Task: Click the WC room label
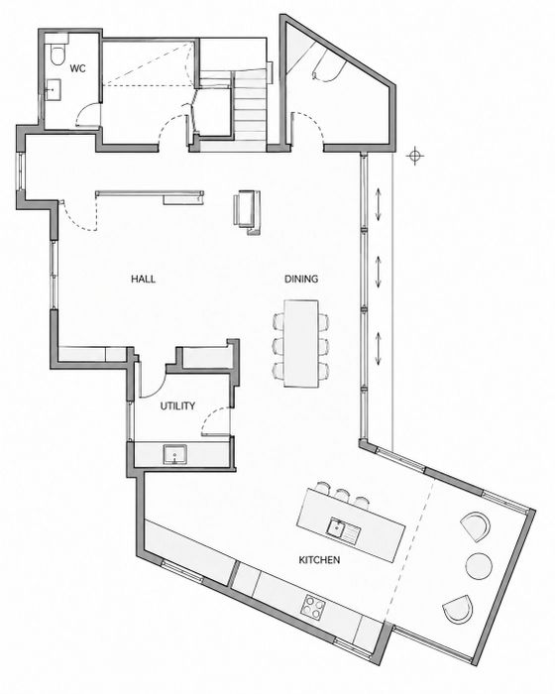coord(78,68)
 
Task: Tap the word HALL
coord(143,279)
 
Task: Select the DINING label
coord(301,279)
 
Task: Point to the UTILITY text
coord(177,405)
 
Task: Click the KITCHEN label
coord(319,560)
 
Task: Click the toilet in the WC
coord(57,53)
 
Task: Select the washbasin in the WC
coord(53,90)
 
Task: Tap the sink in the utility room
coord(175,454)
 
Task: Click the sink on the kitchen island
coord(344,529)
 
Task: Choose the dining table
coord(301,344)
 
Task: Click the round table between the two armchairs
coord(479,565)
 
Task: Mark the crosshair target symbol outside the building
coord(414,156)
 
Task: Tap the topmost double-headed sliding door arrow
coord(379,204)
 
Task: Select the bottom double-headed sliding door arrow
coord(379,349)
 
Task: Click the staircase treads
coord(249,108)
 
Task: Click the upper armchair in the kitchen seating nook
coord(476,526)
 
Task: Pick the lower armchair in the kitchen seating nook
coord(458,609)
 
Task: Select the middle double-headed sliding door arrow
coord(379,273)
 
